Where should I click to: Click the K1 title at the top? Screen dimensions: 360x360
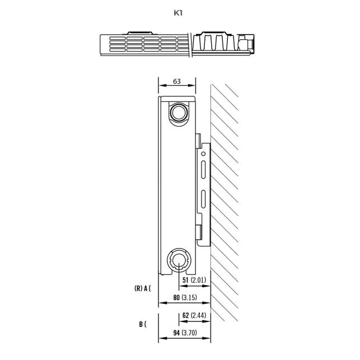coord(178,13)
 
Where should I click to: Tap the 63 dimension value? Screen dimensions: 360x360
coord(177,81)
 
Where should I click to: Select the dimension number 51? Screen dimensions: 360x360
coord(185,280)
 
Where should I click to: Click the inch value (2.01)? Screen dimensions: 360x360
coord(199,280)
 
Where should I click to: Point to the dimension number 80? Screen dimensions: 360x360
coord(176,297)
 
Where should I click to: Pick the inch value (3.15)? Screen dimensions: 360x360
coord(189,297)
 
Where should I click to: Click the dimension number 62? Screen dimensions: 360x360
coord(185,315)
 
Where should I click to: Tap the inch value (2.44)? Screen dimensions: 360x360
coord(199,315)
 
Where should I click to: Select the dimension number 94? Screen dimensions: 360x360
coord(176,333)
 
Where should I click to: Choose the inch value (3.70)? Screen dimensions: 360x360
coord(189,333)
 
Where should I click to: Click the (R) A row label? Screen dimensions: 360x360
coord(142,288)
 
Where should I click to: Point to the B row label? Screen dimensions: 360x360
coord(143,324)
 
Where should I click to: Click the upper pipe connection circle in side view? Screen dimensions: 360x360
coord(179,113)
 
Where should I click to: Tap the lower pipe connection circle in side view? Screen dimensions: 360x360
coord(179,260)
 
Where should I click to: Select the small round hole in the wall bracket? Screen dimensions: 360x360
coord(203,153)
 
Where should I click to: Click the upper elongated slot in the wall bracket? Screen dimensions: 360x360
coord(203,170)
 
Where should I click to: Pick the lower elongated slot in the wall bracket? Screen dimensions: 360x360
coord(203,199)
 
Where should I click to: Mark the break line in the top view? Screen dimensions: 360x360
coord(190,45)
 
